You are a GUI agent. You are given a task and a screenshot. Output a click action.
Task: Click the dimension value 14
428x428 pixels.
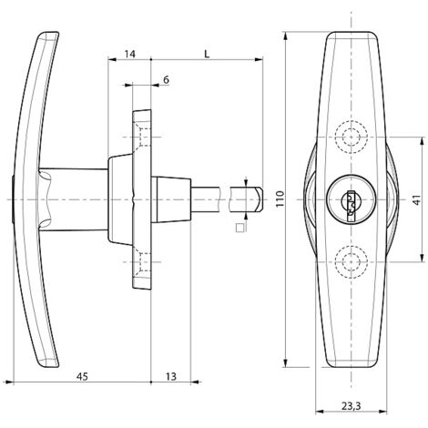tap(130, 54)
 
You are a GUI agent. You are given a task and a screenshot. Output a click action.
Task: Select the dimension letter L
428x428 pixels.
tap(207, 54)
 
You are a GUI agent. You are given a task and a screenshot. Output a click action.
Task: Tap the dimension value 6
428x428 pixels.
tap(166, 80)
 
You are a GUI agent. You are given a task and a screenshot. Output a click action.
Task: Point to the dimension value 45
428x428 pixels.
tap(82, 376)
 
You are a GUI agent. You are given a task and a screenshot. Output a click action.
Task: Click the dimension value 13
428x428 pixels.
tap(171, 376)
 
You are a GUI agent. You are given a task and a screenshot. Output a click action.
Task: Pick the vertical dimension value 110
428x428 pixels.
tap(280, 199)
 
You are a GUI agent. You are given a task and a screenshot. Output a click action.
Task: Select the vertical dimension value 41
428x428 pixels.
tap(418, 199)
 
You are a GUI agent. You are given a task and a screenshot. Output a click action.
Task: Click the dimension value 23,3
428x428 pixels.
tap(352, 406)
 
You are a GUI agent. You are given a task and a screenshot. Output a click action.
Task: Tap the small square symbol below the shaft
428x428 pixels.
tap(240, 228)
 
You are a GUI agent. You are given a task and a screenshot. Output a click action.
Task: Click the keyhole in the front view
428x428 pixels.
tap(351, 203)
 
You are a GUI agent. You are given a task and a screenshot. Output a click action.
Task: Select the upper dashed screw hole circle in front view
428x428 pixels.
tap(352, 137)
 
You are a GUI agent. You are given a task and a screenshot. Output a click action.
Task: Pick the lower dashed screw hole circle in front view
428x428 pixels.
tap(352, 261)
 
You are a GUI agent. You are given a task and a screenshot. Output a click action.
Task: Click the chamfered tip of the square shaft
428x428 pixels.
tap(259, 199)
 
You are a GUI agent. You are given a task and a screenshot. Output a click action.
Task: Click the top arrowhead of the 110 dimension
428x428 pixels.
tap(285, 36)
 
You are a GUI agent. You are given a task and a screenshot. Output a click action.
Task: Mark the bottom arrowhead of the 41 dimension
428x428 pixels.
tap(423, 258)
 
